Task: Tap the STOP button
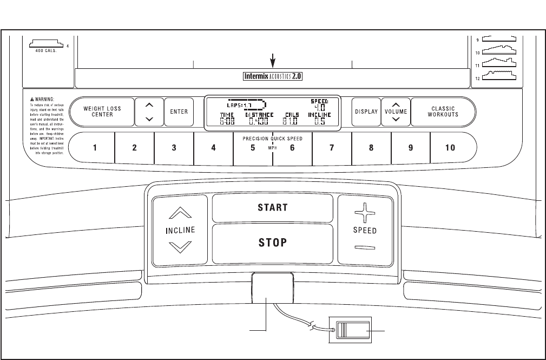tap(272, 243)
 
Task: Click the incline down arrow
tap(180, 247)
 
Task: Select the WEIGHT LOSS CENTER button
tap(102, 112)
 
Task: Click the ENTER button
tap(179, 112)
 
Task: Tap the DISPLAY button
tap(366, 112)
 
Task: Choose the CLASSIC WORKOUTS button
tap(443, 112)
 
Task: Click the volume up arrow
tap(396, 106)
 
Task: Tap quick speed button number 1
tap(95, 148)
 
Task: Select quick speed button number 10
tap(450, 148)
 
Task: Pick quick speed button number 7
tap(332, 148)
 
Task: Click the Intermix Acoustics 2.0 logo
tap(272, 77)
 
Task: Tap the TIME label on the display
tap(226, 115)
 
